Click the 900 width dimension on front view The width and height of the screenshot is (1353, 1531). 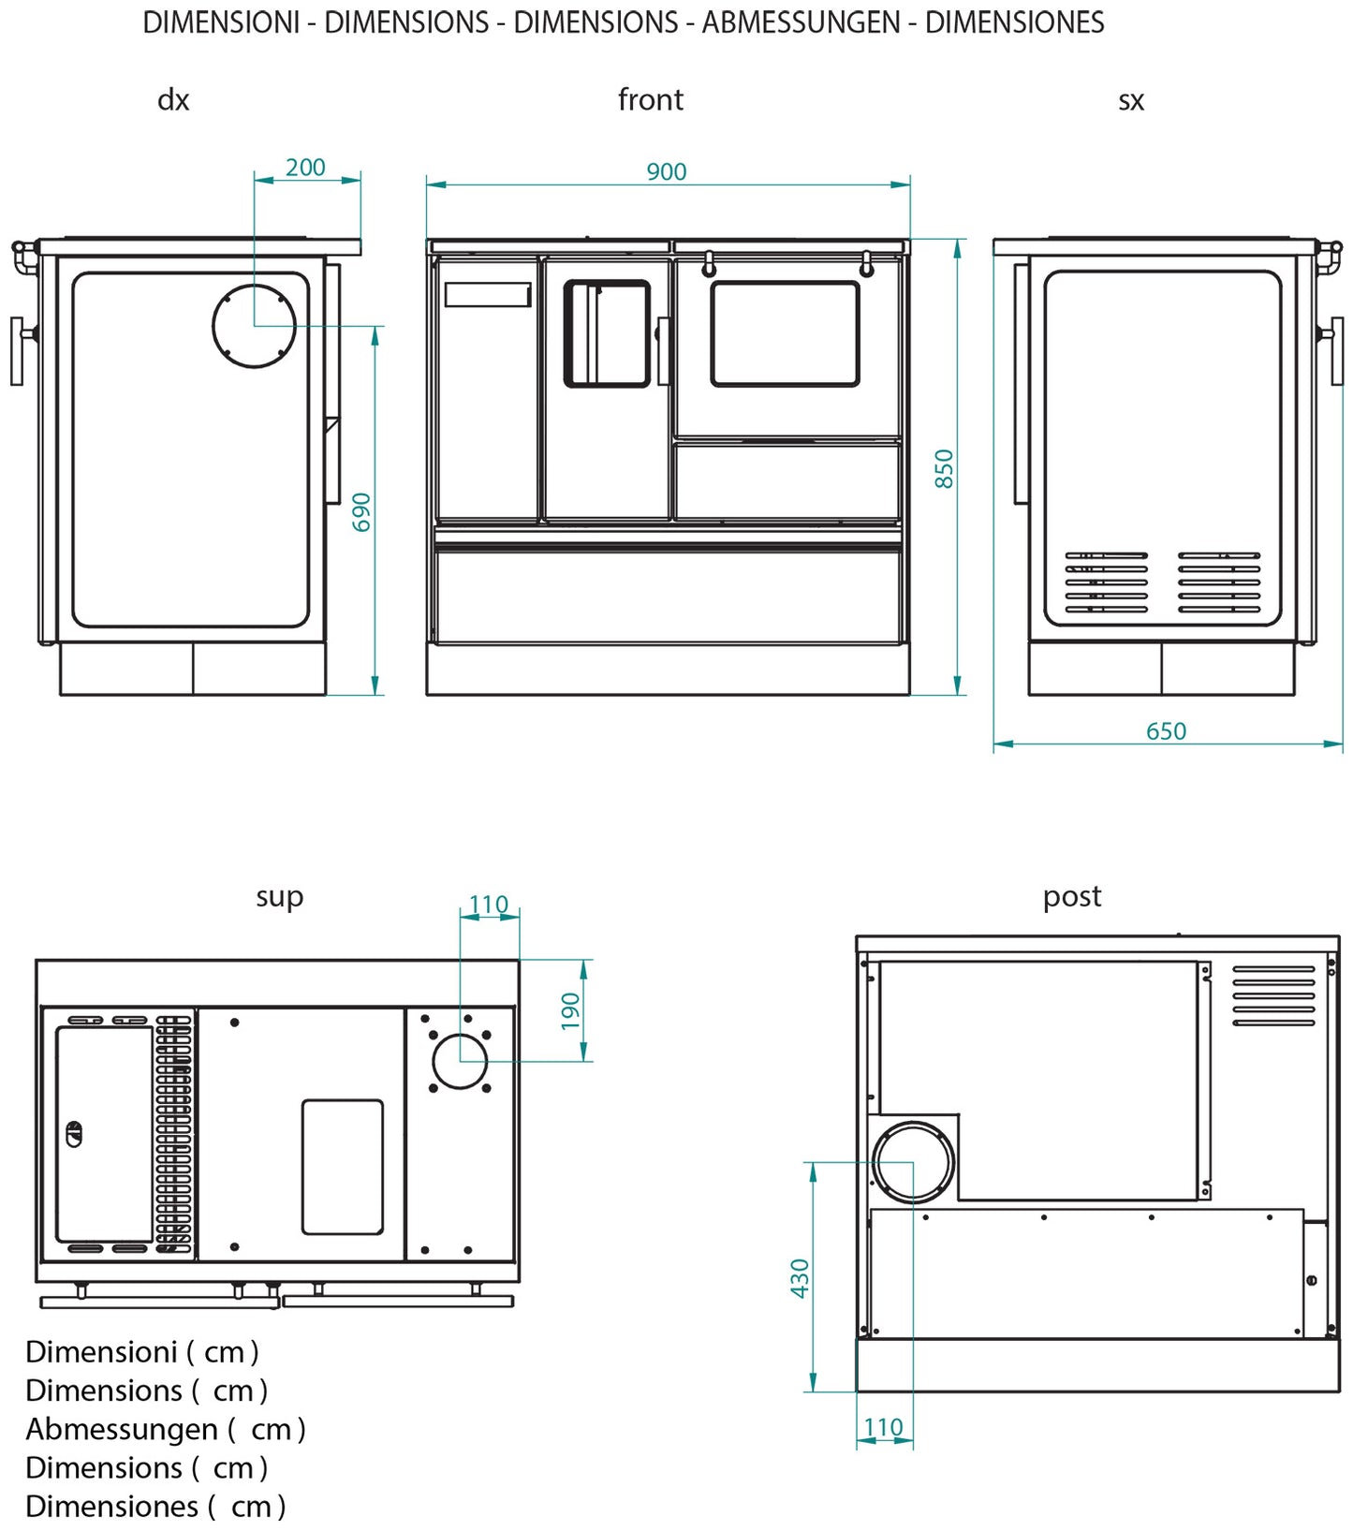point(666,171)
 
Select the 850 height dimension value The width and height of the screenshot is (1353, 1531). point(944,468)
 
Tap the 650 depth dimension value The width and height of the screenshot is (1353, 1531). point(1166,730)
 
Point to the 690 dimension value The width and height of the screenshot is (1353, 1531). point(361,512)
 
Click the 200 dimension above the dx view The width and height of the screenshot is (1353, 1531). point(305,167)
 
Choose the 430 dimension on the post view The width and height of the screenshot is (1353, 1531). point(800,1278)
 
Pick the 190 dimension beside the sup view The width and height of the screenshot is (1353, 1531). point(570,1011)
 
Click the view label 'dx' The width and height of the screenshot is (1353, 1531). point(173,99)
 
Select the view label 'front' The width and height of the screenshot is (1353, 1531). point(650,99)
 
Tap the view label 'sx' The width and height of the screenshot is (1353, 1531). point(1131,100)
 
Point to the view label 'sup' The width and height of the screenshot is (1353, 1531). point(279,897)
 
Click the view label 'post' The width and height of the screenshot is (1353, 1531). point(1071,896)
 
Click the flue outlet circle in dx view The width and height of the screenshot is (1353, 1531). point(255,326)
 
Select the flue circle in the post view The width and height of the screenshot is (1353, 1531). point(913,1162)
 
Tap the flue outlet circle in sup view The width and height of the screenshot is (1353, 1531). point(460,1061)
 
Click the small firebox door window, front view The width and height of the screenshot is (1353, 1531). point(607,333)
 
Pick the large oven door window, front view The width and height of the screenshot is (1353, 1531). point(785,333)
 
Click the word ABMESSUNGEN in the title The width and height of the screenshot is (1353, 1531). point(801,22)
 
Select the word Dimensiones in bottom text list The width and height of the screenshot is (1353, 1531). point(111,1506)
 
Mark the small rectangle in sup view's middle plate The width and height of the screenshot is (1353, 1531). point(342,1167)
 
